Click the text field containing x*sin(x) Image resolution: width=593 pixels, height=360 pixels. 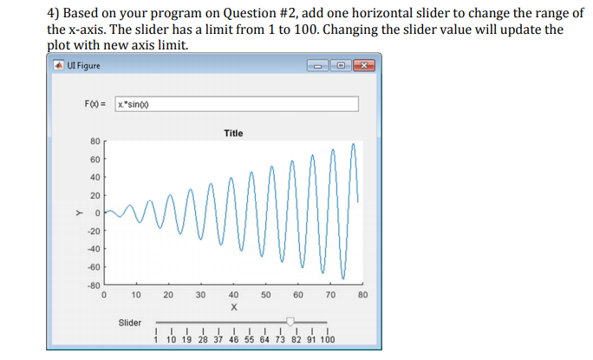pyautogui.click(x=236, y=103)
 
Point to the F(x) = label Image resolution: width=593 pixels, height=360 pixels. pyautogui.click(x=95, y=103)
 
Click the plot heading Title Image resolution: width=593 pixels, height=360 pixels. pyautogui.click(x=233, y=133)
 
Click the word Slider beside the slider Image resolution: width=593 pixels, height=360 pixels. pyautogui.click(x=129, y=323)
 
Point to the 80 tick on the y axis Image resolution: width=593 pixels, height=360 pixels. pyautogui.click(x=94, y=141)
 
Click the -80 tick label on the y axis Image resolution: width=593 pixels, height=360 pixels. pyautogui.click(x=93, y=285)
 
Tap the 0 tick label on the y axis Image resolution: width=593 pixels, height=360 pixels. pyautogui.click(x=97, y=213)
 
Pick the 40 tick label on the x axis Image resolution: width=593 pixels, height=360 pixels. pyautogui.click(x=233, y=296)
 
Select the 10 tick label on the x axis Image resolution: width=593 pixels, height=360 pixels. pyautogui.click(x=136, y=296)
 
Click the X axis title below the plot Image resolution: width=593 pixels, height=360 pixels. pyautogui.click(x=233, y=307)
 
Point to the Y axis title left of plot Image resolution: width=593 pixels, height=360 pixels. pyautogui.click(x=76, y=213)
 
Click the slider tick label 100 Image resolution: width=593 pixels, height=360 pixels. pyautogui.click(x=327, y=340)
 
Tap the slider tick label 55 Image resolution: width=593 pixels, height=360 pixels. pyautogui.click(x=251, y=340)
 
